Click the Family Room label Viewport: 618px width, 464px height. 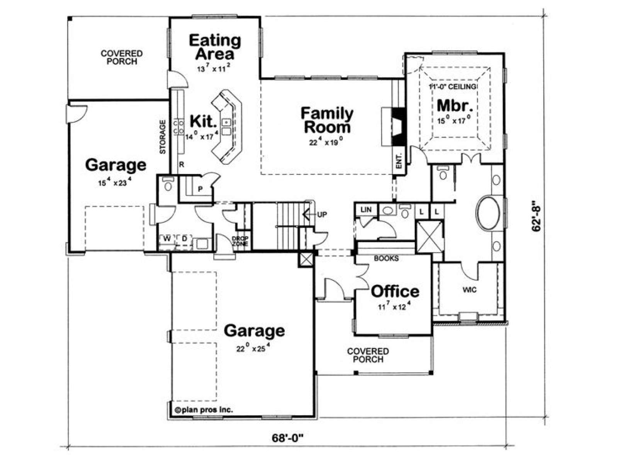tap(327, 120)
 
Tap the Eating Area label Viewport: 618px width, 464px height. tap(215, 47)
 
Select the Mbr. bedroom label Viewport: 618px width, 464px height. tap(455, 106)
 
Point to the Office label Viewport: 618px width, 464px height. tap(395, 291)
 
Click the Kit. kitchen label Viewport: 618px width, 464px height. tap(204, 121)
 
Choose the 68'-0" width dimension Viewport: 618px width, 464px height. tap(288, 438)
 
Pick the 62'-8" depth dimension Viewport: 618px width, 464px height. tap(537, 216)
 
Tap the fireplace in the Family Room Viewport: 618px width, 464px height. tap(399, 126)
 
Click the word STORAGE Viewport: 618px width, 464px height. tap(163, 137)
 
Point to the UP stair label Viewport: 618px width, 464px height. tap(322, 214)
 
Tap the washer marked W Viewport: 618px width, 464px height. tap(167, 239)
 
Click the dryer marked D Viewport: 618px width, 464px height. tap(184, 239)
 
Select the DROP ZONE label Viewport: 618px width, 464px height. tap(240, 241)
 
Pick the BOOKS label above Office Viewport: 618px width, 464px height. tap(386, 258)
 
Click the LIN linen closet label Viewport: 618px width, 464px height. tap(366, 210)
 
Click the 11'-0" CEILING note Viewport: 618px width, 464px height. tap(452, 87)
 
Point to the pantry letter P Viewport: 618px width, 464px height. tap(200, 189)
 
